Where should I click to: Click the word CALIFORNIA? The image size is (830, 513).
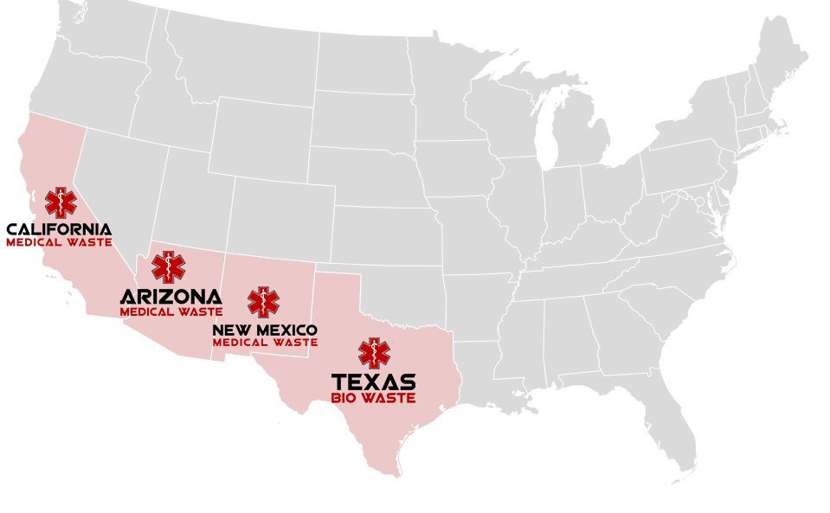pos(59,229)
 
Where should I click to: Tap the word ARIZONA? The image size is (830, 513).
pos(171,297)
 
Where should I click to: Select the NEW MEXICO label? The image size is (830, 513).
pos(265,330)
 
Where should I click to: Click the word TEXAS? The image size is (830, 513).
pos(374,382)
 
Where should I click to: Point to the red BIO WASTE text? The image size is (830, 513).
pos(374,398)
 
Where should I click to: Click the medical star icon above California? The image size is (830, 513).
pos(61,202)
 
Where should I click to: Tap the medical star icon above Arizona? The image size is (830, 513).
pos(168,267)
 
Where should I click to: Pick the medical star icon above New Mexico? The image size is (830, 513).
pos(263,303)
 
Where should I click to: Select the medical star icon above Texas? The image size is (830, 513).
pos(374,353)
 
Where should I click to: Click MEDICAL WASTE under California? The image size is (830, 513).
pos(59,242)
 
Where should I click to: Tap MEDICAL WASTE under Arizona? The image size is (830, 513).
pos(171,311)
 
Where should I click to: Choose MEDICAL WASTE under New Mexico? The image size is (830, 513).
pos(265,343)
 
